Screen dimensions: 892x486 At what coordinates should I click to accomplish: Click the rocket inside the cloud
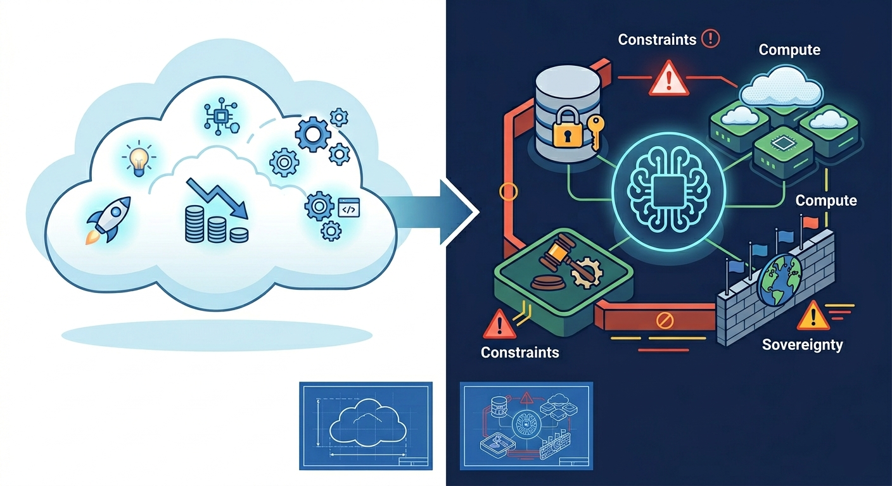point(109,220)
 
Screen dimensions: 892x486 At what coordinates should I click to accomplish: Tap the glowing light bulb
point(139,158)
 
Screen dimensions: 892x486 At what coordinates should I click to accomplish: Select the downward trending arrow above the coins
point(217,198)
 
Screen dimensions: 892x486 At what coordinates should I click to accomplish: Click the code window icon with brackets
point(349,208)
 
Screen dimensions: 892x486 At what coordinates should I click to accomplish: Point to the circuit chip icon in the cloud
point(220,117)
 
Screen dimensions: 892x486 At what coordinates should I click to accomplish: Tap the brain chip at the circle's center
point(668,189)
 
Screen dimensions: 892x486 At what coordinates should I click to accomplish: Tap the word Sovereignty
point(803,345)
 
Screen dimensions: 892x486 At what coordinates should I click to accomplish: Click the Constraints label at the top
point(657,39)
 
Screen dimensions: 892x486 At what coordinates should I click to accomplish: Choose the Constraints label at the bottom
point(519,352)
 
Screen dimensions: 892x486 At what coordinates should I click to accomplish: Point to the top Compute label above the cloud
point(789,50)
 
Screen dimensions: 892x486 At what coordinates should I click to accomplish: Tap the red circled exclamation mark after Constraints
point(710,39)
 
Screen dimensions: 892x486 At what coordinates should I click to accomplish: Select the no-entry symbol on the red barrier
point(664,321)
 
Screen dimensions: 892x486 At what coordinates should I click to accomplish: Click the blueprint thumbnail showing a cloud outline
point(366,426)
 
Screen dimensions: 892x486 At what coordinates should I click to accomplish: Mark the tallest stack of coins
point(194,224)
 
